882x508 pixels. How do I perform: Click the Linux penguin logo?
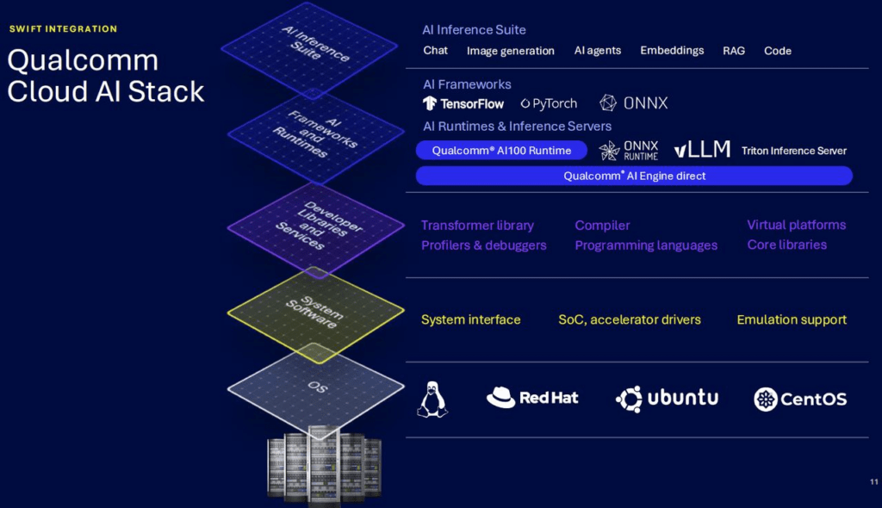432,400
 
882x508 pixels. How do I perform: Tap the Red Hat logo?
532,398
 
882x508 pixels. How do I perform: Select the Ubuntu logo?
668,399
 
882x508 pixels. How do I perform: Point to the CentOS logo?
800,400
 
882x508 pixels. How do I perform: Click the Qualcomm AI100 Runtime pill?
501,151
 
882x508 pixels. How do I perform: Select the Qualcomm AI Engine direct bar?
634,177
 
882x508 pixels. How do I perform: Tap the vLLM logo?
702,149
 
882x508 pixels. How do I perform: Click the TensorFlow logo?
463,103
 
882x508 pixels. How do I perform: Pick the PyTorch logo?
549,103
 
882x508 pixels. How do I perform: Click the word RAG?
734,51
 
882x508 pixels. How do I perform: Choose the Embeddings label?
672,51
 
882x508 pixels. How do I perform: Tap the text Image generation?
510,51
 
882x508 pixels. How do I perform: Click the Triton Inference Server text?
793,151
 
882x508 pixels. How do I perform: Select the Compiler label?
602,226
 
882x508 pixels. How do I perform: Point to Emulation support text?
792,319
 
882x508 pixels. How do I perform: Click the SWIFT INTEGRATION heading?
63,28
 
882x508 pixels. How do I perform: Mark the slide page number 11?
873,481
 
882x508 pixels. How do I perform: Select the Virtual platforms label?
796,225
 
